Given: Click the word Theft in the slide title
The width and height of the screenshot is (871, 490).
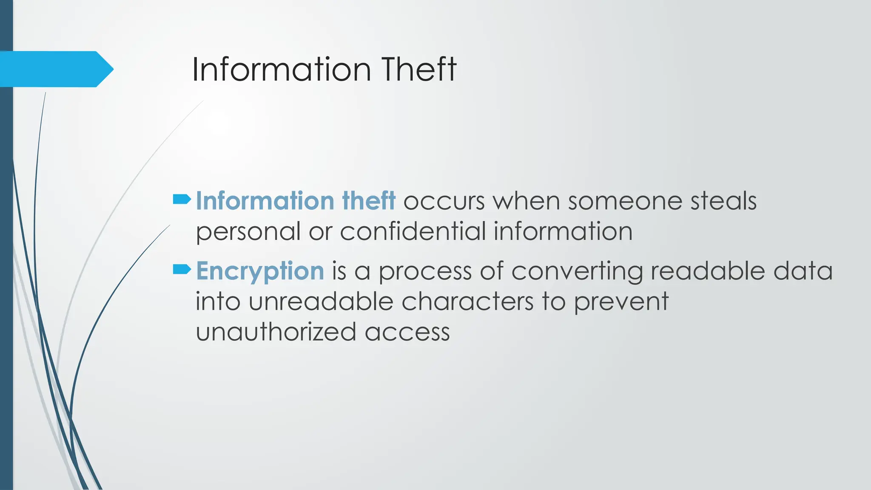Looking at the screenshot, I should pyautogui.click(x=418, y=69).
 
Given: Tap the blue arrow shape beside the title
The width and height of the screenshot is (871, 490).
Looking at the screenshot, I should pyautogui.click(x=55, y=69).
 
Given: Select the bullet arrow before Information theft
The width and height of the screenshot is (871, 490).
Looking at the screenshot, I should pyautogui.click(x=182, y=199).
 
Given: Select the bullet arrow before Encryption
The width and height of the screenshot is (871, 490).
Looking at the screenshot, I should pyautogui.click(x=182, y=269).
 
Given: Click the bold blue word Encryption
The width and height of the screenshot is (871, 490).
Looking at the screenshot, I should pyautogui.click(x=260, y=271).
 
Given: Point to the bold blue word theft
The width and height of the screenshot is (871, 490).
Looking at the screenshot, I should pyautogui.click(x=368, y=201).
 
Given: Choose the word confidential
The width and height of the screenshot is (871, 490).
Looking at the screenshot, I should pyautogui.click(x=413, y=231).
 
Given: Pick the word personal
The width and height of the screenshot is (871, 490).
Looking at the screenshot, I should pyautogui.click(x=248, y=232).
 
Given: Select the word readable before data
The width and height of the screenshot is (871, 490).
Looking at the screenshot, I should pyautogui.click(x=708, y=271).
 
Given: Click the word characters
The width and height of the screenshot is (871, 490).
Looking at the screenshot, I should pyautogui.click(x=467, y=302).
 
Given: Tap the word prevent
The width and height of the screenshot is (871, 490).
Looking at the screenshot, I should pyautogui.click(x=621, y=302).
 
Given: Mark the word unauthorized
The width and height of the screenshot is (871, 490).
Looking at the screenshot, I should pyautogui.click(x=276, y=332).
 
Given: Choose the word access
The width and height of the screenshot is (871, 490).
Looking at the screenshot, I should pyautogui.click(x=407, y=333).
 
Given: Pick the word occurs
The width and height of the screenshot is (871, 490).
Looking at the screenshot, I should pyautogui.click(x=444, y=202).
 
